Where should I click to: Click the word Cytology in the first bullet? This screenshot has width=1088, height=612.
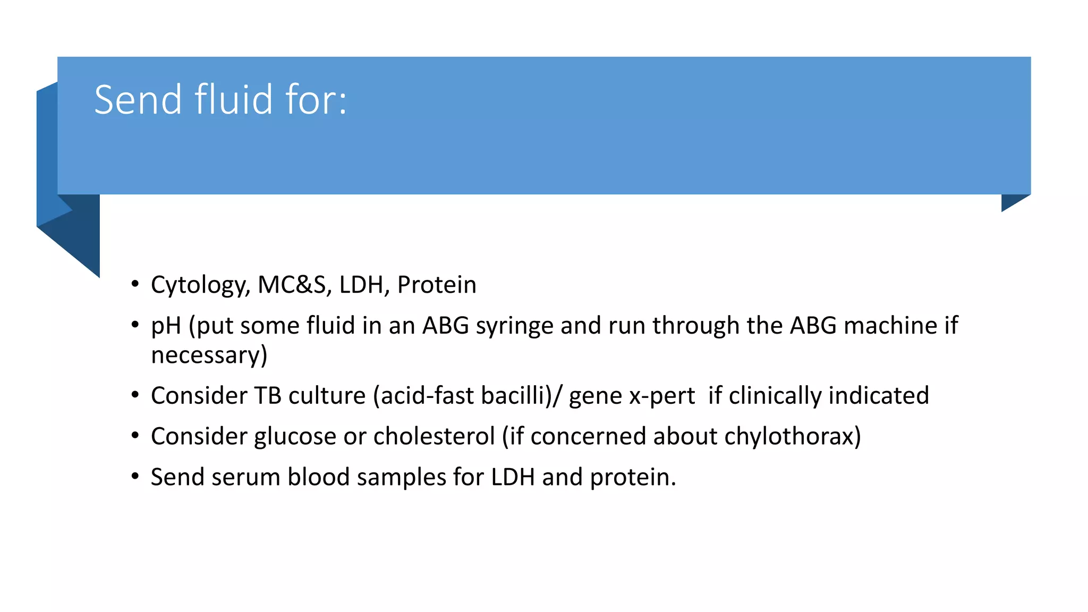(200, 285)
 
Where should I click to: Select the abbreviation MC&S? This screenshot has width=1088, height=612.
(291, 285)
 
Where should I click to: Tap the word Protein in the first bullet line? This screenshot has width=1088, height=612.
(437, 285)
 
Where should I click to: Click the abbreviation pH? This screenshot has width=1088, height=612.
(166, 326)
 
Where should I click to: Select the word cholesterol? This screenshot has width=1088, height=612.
(434, 436)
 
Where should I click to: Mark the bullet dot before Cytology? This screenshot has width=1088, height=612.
(135, 284)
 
